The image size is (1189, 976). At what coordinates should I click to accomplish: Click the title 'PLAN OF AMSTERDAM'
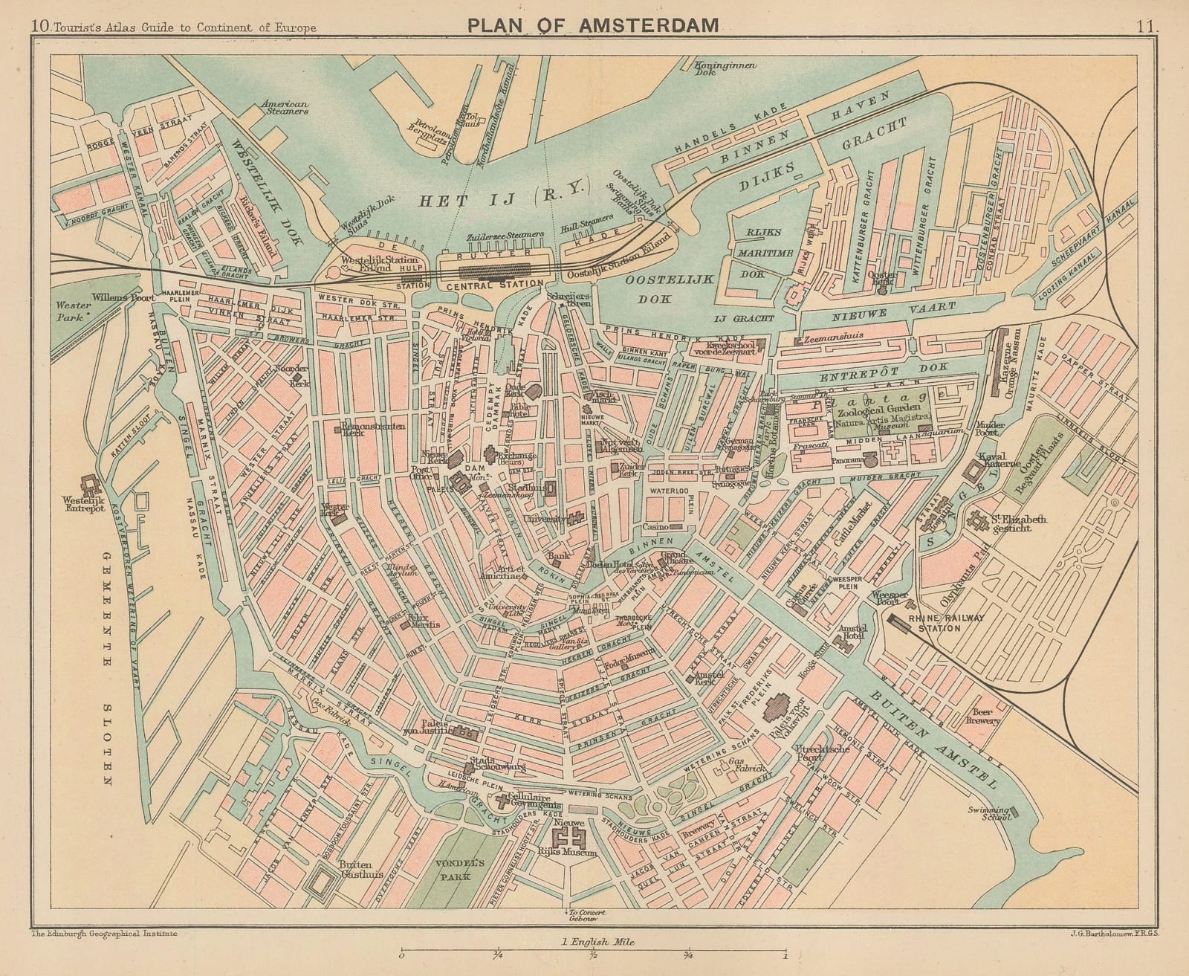coord(593,25)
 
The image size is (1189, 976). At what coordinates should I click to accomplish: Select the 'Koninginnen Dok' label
coord(725,69)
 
